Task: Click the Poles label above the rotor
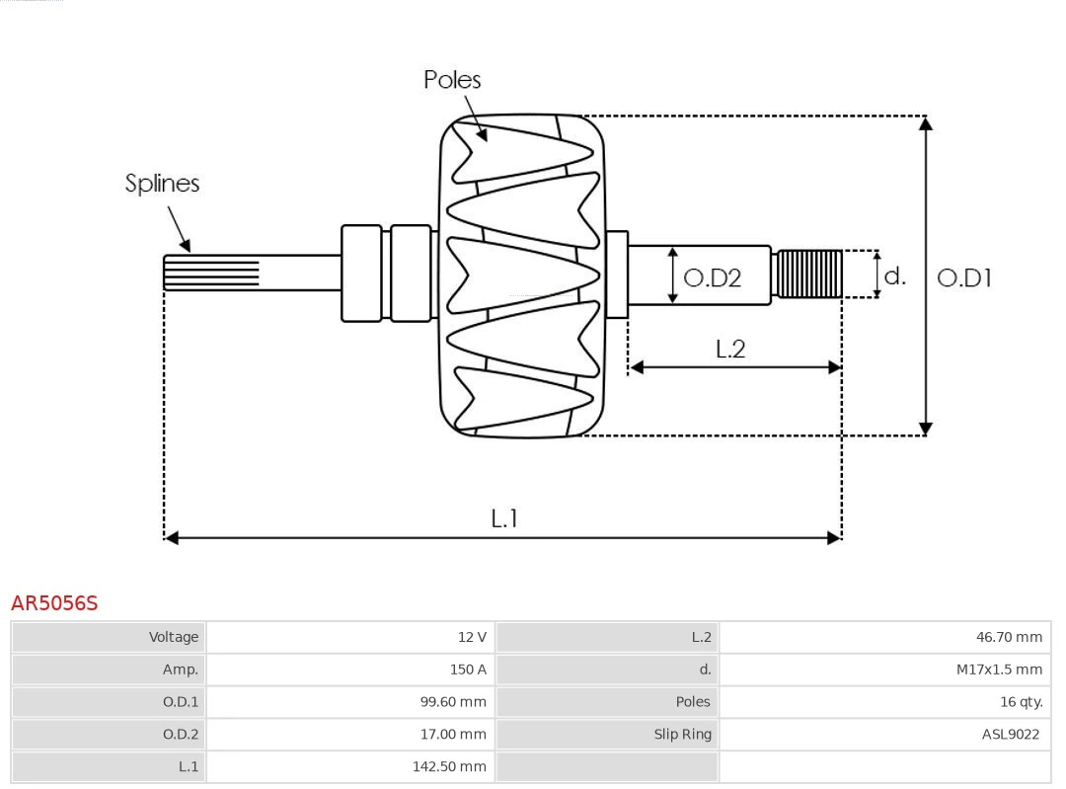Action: [x=452, y=80]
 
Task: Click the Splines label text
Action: [x=162, y=184]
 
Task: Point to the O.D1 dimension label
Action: [x=963, y=278]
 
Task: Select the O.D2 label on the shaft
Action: [x=712, y=278]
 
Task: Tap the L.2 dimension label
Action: [x=729, y=349]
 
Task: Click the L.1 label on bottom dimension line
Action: [x=504, y=517]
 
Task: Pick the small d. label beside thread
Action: [x=894, y=276]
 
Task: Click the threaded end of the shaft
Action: [x=809, y=275]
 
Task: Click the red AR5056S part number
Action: [x=54, y=602]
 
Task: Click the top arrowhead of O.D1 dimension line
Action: [x=925, y=123]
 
